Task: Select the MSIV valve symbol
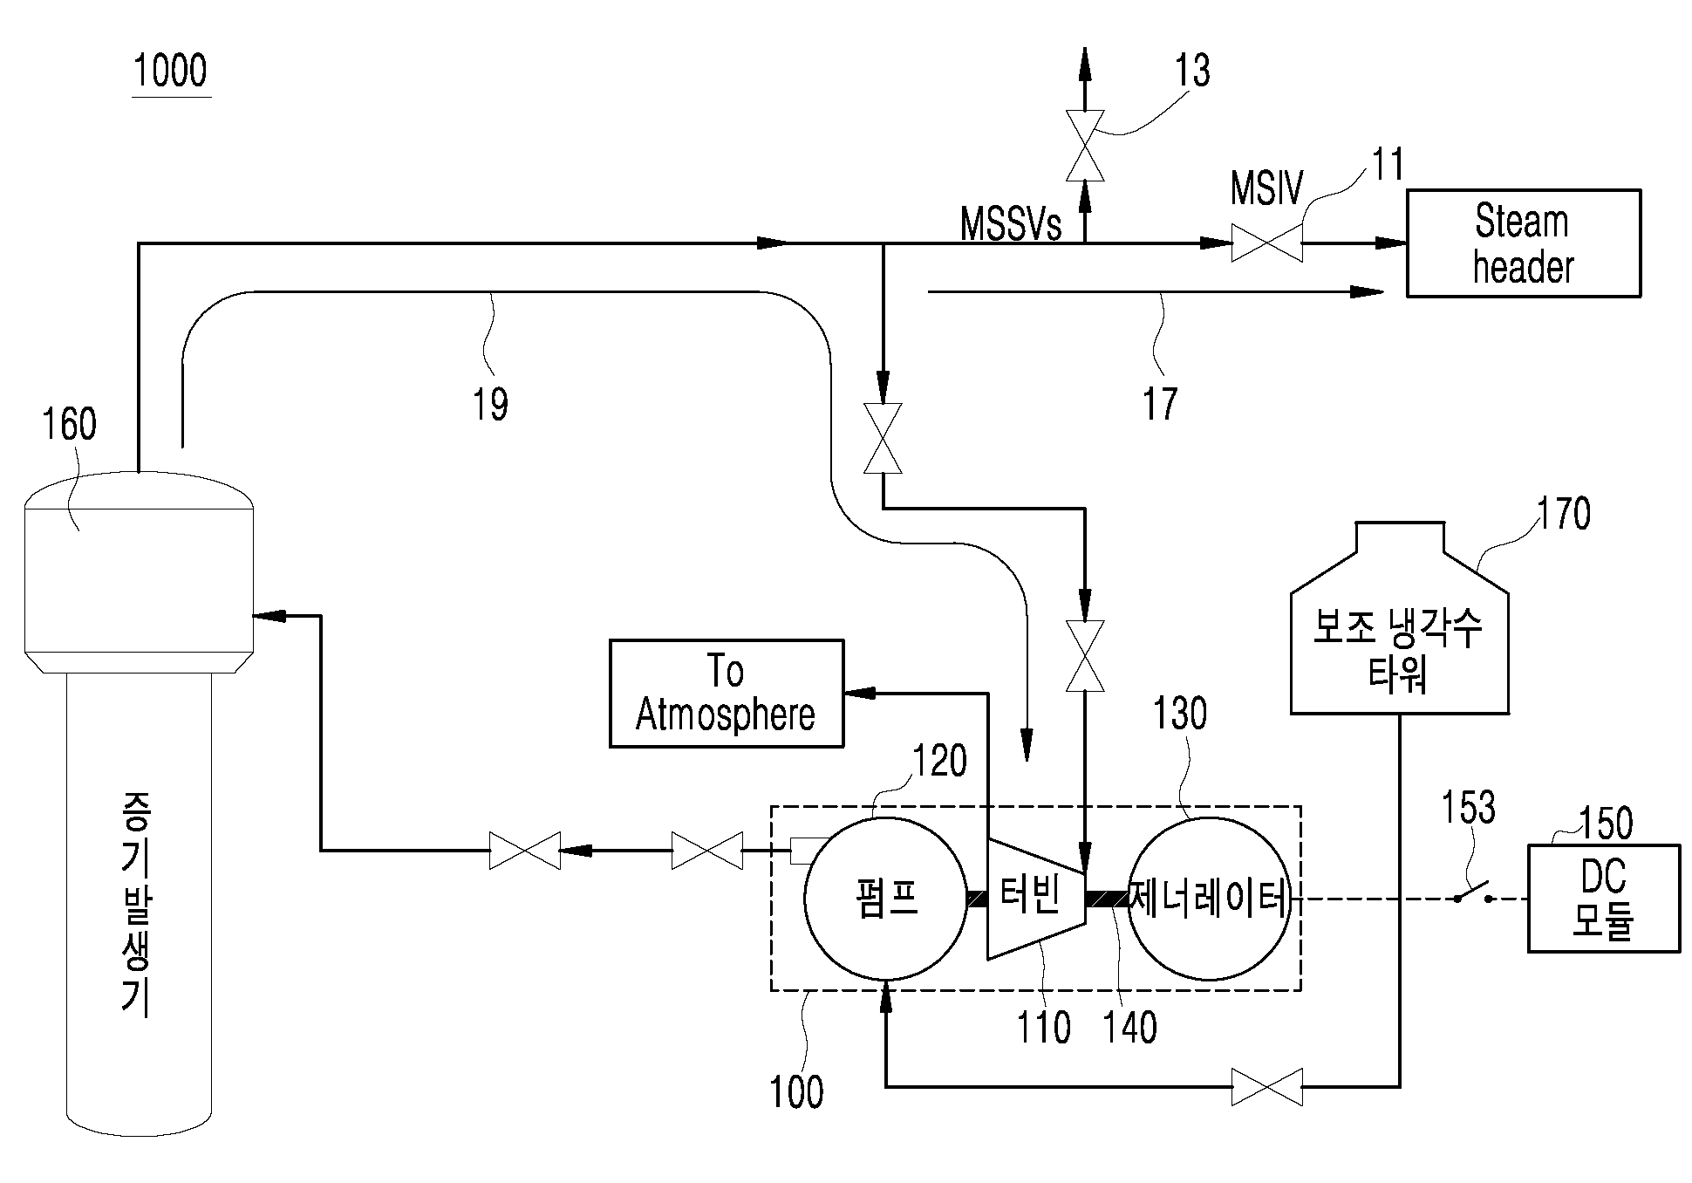coord(1266,243)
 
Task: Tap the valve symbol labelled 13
coord(1086,145)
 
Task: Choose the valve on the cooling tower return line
coord(1266,1087)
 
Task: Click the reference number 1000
coord(171,72)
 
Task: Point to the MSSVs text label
coord(1011,223)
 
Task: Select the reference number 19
coord(490,404)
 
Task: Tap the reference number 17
coord(1160,404)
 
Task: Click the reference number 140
coord(1130,1027)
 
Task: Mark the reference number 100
coord(796,1091)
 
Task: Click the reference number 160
coord(70,425)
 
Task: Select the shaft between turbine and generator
coord(1107,899)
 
